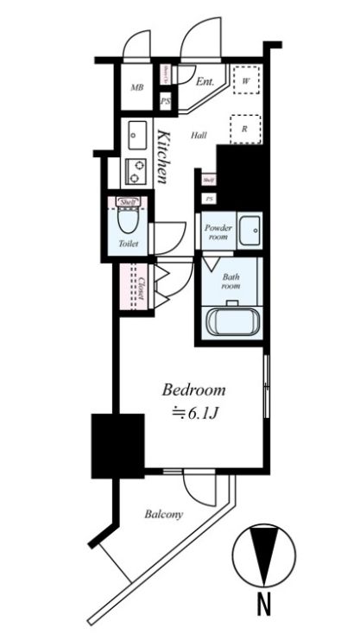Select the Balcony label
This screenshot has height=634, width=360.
163,515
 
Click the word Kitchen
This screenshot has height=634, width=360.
163,155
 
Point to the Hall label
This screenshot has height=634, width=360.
199,135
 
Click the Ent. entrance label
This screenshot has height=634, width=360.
205,82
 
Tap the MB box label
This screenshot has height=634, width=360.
136,88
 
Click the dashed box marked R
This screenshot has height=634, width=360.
246,128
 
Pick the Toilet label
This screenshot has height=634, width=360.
128,244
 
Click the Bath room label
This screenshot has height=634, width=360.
231,282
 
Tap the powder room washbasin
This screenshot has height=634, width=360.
250,229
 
